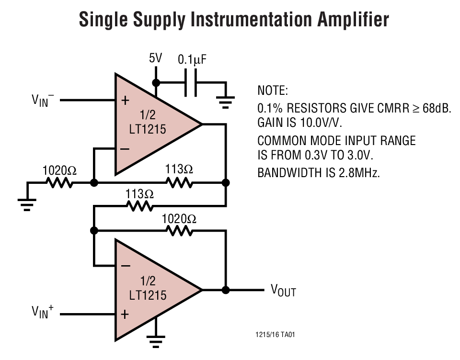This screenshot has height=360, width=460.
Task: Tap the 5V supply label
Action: pos(155,58)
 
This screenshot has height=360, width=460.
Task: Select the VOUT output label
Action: pos(283,290)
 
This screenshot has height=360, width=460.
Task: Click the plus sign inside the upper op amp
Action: pos(125,101)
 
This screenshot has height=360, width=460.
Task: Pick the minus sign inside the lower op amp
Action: pos(125,265)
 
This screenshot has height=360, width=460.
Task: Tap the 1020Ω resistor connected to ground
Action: pos(59,183)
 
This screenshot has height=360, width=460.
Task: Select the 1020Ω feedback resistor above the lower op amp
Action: pos(179,231)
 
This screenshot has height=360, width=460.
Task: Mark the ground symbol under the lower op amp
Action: pos(155,340)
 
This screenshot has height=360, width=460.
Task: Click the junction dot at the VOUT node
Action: pos(226,290)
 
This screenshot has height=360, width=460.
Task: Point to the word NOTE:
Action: pos(273,90)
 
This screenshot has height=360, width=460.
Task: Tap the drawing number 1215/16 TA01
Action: pos(275,335)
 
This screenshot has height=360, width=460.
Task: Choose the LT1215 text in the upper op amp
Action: pos(148,129)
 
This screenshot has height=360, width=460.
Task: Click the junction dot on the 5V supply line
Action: pos(155,82)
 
